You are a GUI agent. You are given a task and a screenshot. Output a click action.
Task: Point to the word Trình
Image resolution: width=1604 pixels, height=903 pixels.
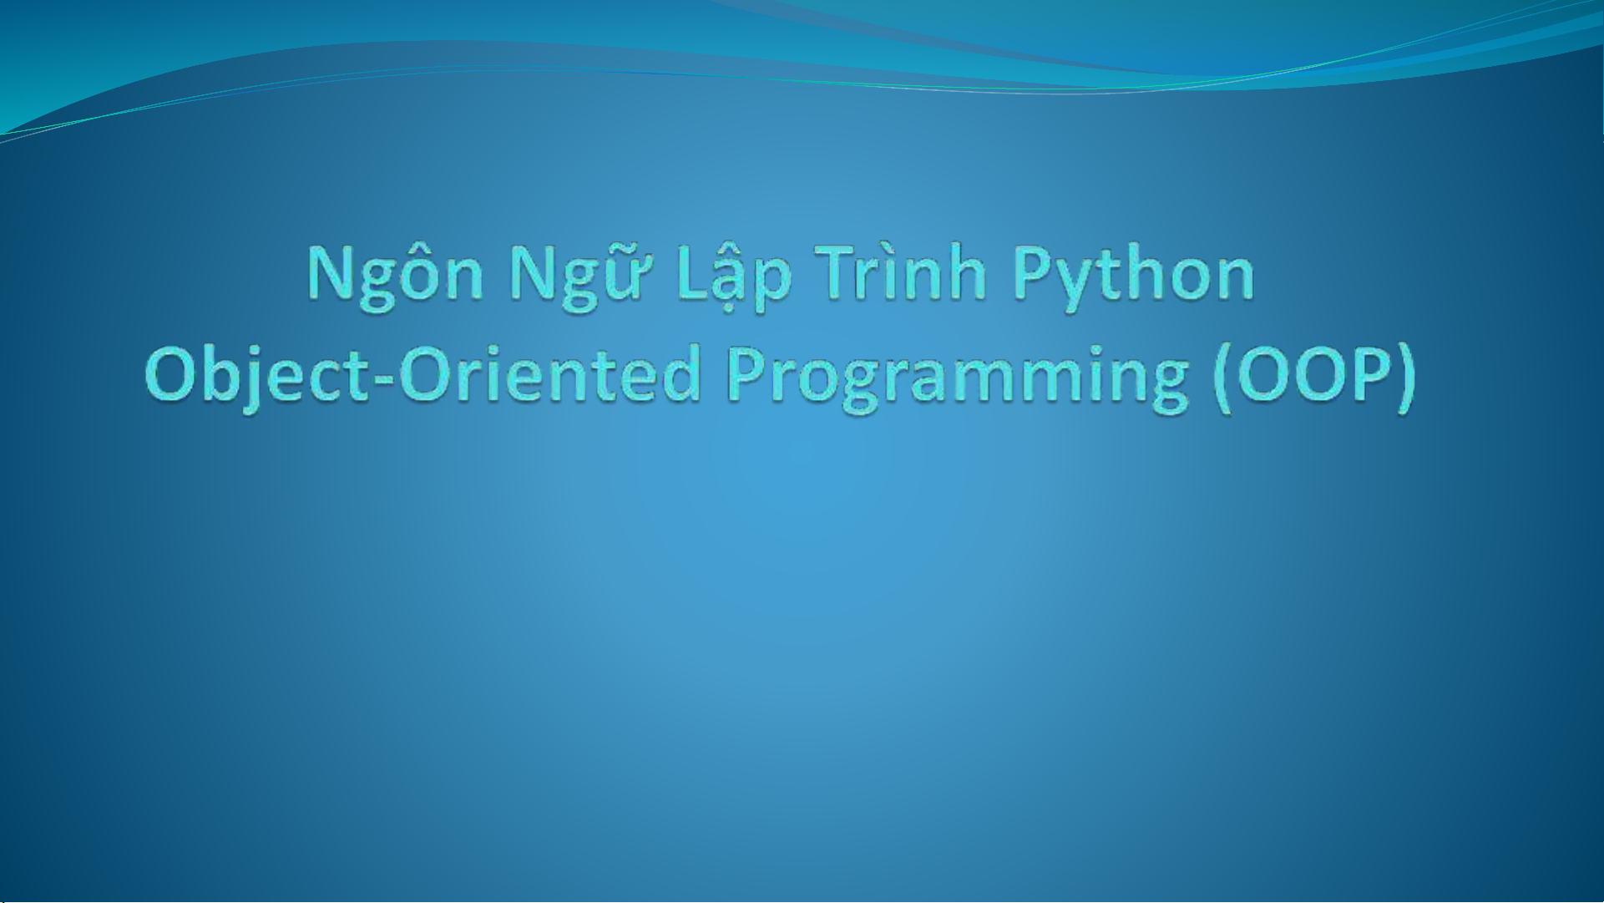pyautogui.click(x=902, y=271)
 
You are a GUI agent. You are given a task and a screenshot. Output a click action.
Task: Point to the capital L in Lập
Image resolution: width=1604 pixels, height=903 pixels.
pyautogui.click(x=695, y=271)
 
